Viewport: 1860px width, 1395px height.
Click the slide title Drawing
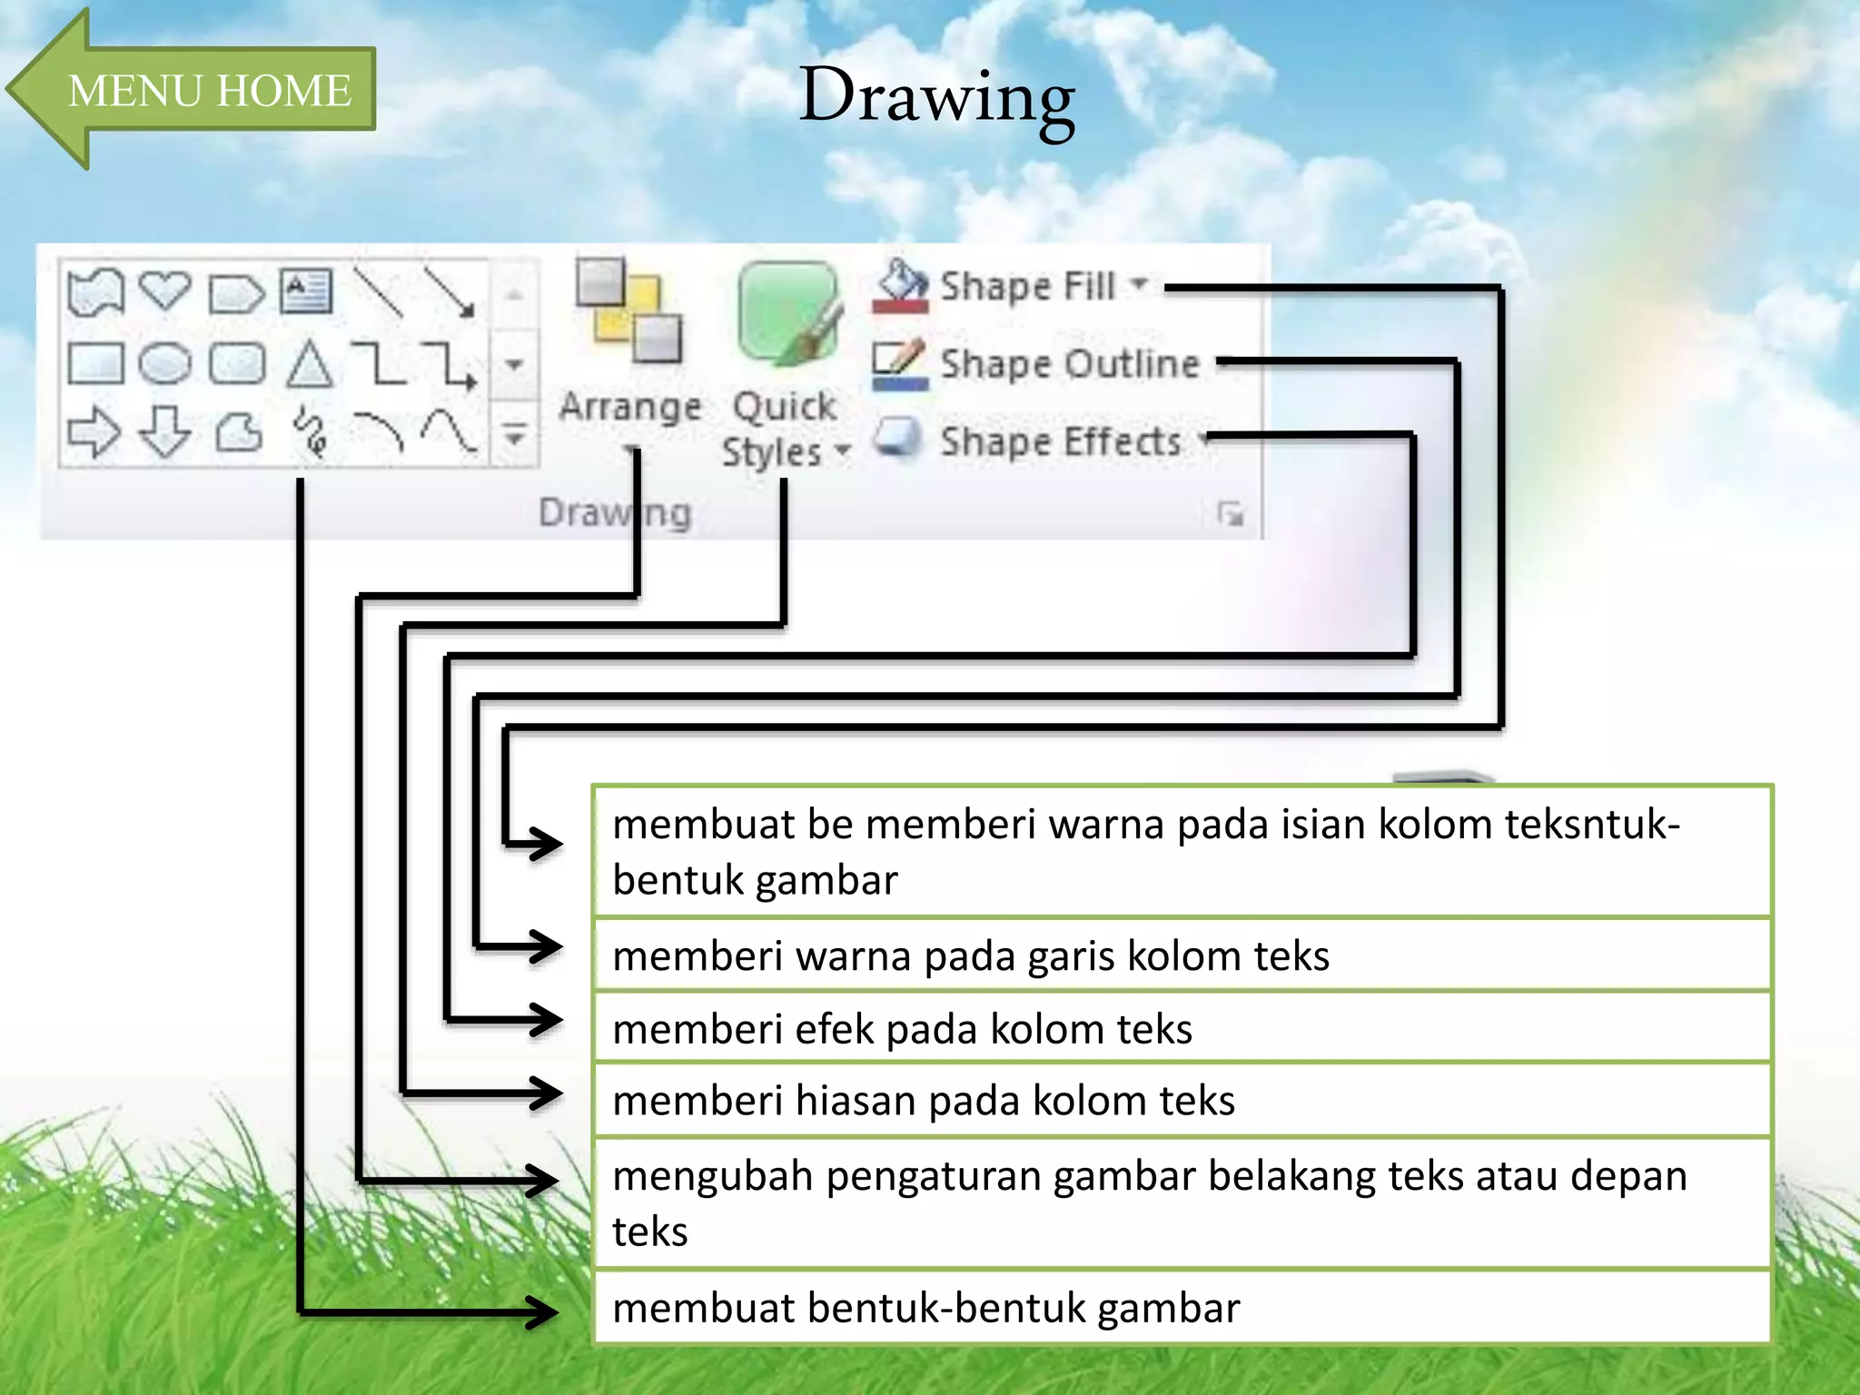pos(936,97)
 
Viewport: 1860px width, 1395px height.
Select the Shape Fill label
pos(1027,286)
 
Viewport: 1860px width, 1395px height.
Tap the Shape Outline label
pos(1069,364)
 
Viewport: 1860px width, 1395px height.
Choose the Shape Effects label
pos(1060,442)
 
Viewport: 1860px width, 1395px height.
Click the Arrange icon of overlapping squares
pos(629,312)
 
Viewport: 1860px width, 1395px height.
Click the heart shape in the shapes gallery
pos(164,292)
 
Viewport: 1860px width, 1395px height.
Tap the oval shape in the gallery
pos(164,364)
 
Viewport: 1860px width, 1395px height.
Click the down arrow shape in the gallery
pos(164,431)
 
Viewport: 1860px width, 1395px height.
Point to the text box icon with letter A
pos(306,292)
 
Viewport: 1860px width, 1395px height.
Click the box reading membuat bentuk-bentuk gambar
pos(925,1309)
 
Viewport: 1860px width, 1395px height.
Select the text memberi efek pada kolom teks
pos(902,1029)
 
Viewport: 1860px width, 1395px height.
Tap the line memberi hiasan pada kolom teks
pos(924,1101)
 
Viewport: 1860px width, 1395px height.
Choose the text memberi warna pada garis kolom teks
pos(971,956)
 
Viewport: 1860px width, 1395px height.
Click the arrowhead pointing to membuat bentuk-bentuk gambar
pos(543,1312)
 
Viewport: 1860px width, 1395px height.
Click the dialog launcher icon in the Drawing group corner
pos(1231,514)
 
